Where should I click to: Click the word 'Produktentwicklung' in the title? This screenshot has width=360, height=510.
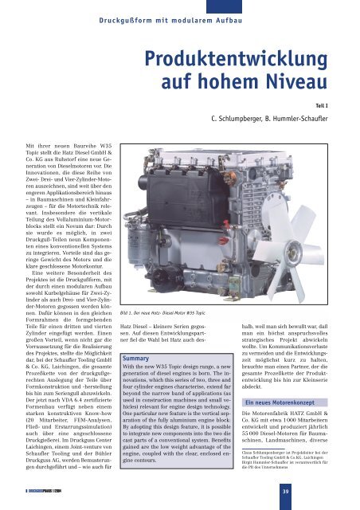pos(244,59)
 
